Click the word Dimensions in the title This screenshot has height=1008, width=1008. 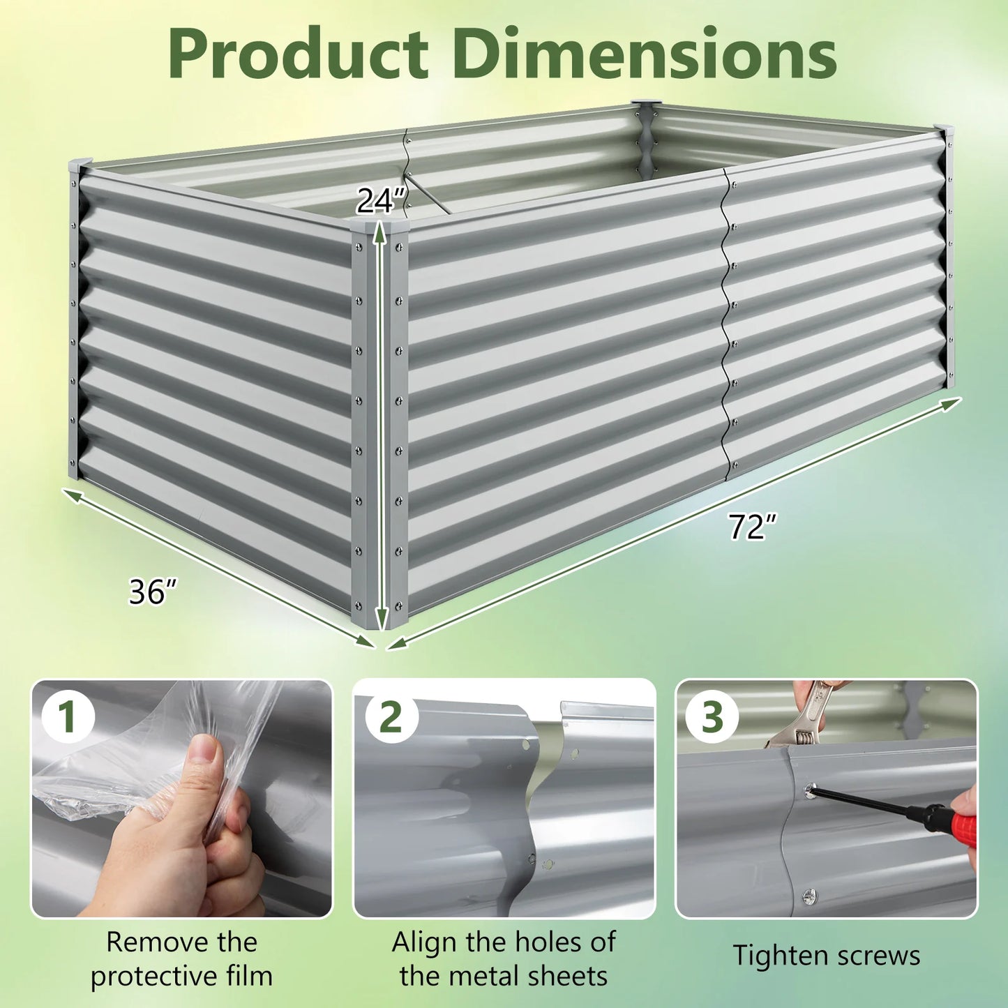click(x=645, y=55)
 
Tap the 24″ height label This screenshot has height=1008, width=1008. click(x=381, y=202)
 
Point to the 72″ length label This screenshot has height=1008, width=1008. click(x=752, y=527)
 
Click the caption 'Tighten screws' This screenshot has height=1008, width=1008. click(x=826, y=955)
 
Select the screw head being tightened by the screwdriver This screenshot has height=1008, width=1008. click(x=811, y=791)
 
